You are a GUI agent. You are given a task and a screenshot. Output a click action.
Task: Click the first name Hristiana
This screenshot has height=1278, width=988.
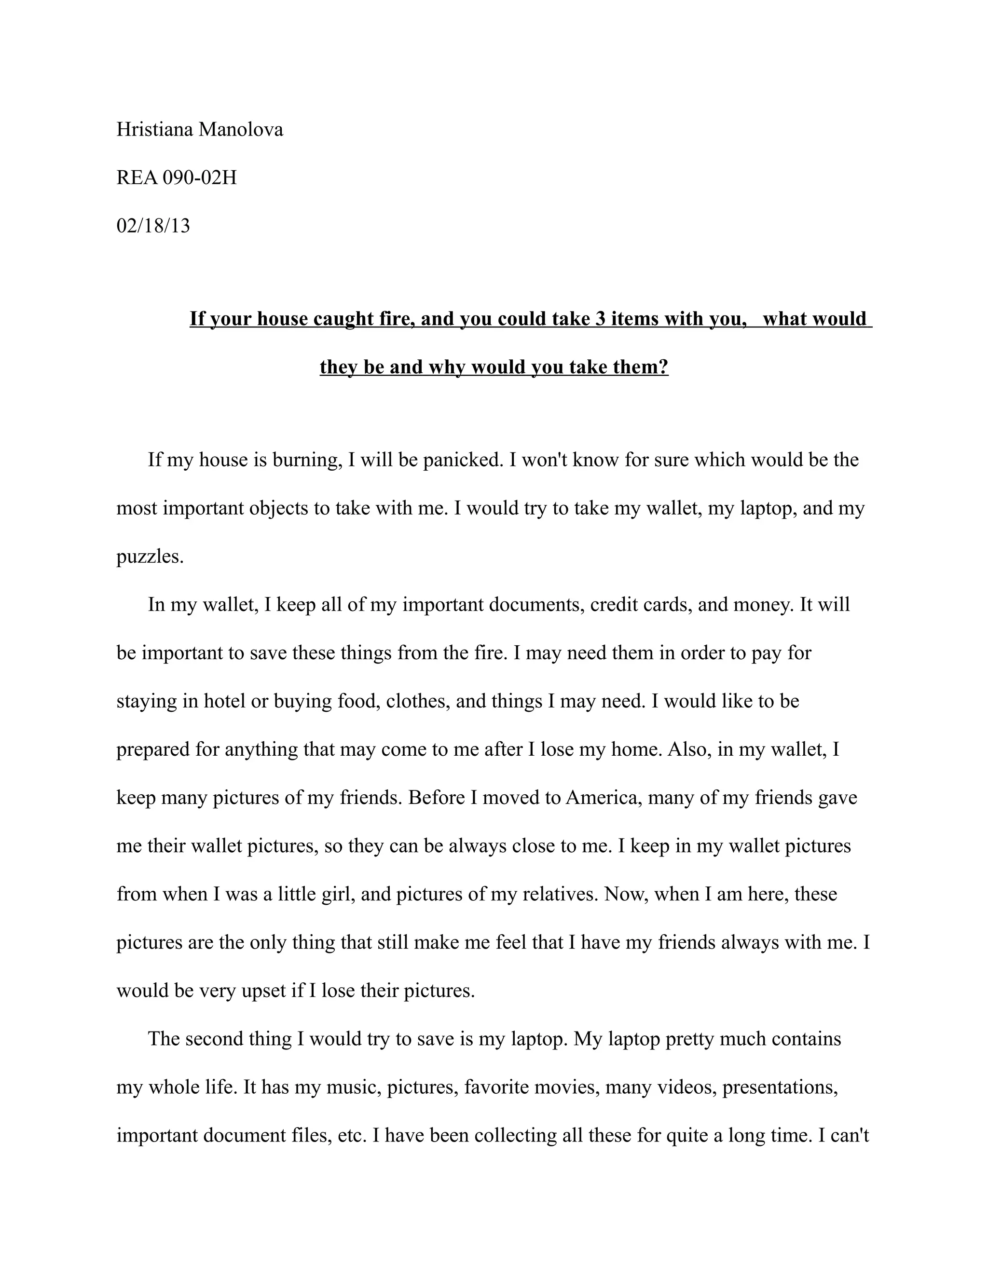(x=154, y=129)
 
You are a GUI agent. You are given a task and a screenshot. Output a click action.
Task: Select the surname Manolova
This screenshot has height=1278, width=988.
(x=241, y=129)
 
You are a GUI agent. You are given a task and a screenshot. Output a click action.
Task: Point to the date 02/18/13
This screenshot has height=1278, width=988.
(x=153, y=225)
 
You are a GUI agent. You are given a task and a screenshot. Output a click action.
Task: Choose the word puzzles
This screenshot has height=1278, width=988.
(x=150, y=557)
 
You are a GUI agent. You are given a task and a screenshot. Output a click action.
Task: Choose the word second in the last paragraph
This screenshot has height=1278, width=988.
(x=214, y=1039)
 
